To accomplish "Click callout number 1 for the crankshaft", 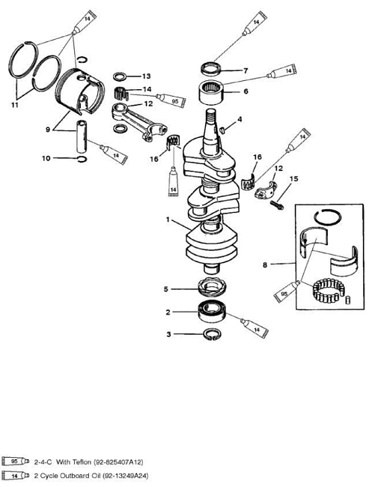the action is pos(168,220).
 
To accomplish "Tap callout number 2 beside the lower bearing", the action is pos(168,312).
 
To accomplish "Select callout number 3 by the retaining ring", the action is pos(168,334).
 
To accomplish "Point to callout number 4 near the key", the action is pos(240,119).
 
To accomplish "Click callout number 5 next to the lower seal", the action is pos(166,289).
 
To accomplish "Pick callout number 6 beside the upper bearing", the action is pos(246,91).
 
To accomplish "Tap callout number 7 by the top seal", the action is pos(246,71).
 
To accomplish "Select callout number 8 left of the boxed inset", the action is pos(265,265).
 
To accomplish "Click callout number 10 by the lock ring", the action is pos(46,158).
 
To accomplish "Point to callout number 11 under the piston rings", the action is pos(14,105).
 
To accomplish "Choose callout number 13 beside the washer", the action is pos(146,76).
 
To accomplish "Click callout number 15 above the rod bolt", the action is pos(293,179).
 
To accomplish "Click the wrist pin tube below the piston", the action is pos(82,136).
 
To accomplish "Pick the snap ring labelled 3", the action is pos(213,334).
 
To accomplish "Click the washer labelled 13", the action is pos(120,76).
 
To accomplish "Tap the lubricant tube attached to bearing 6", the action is pos(282,71).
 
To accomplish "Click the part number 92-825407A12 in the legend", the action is pos(118,462).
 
